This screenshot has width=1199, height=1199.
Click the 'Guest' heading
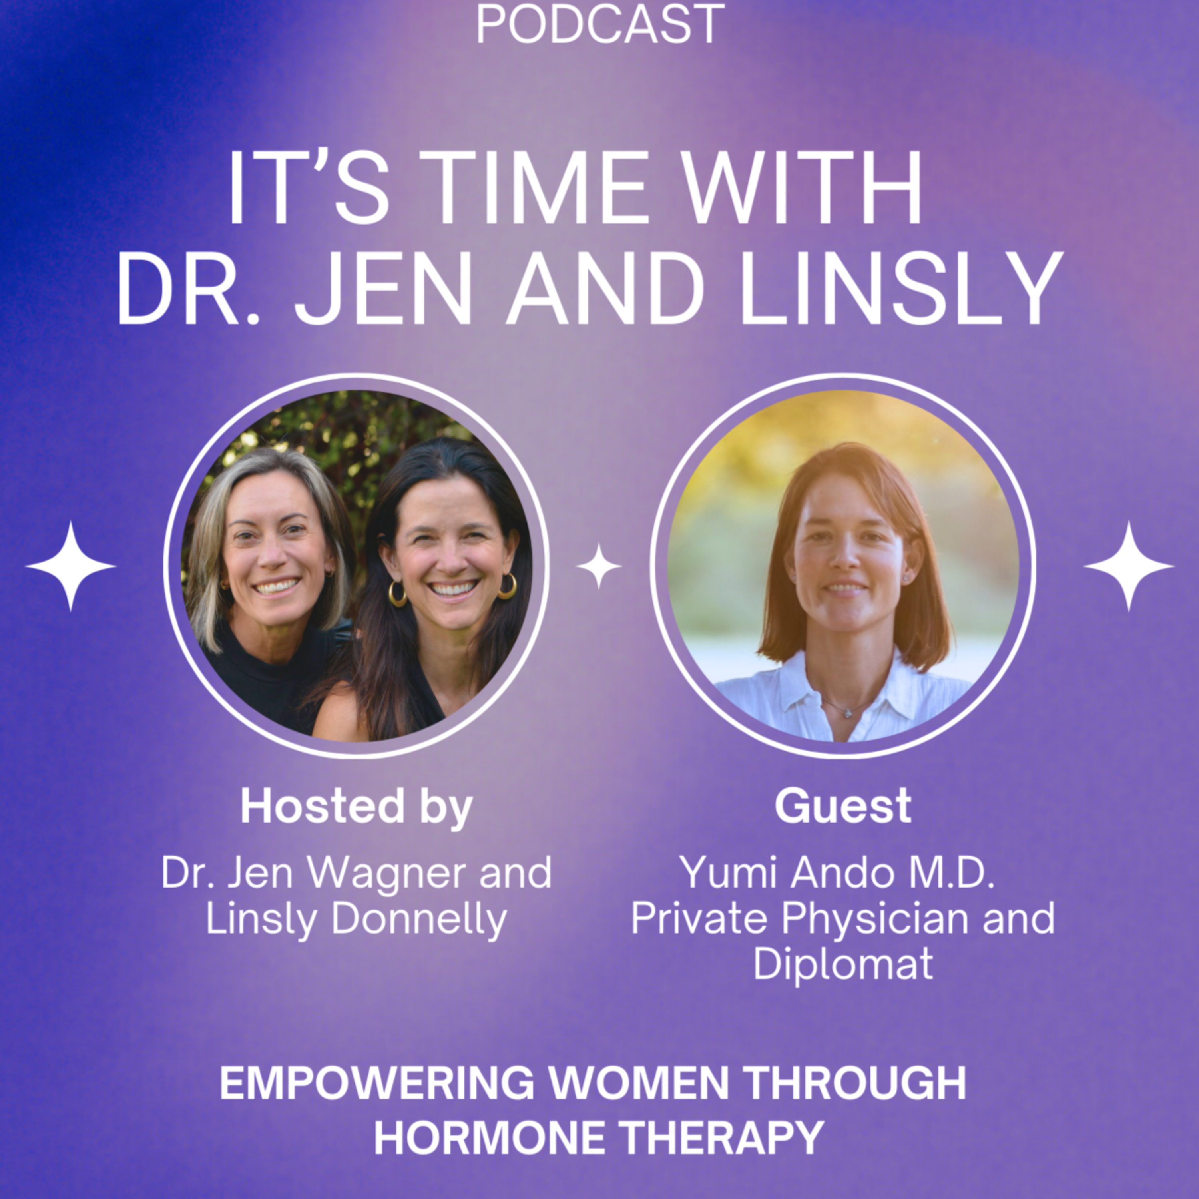(843, 806)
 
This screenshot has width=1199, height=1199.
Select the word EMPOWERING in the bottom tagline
(377, 1083)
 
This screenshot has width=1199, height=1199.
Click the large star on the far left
(70, 566)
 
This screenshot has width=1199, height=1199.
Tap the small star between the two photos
(598, 566)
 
